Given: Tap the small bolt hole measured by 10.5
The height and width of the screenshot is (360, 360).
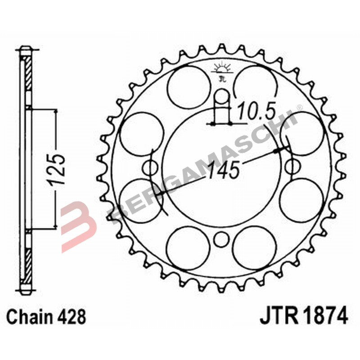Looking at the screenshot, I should pos(221,96).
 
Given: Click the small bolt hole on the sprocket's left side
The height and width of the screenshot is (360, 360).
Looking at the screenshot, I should pos(149,168).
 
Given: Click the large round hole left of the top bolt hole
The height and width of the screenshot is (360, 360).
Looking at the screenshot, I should pos(189,85).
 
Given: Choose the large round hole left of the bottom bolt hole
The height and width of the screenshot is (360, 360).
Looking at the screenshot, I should pos(188,247).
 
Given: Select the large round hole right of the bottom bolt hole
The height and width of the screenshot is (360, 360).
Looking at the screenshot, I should pos(254,247).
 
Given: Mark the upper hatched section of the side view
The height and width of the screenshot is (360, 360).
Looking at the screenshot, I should pos(27,75).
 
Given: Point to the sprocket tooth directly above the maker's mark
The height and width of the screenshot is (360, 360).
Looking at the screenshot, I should pos(221,49).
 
